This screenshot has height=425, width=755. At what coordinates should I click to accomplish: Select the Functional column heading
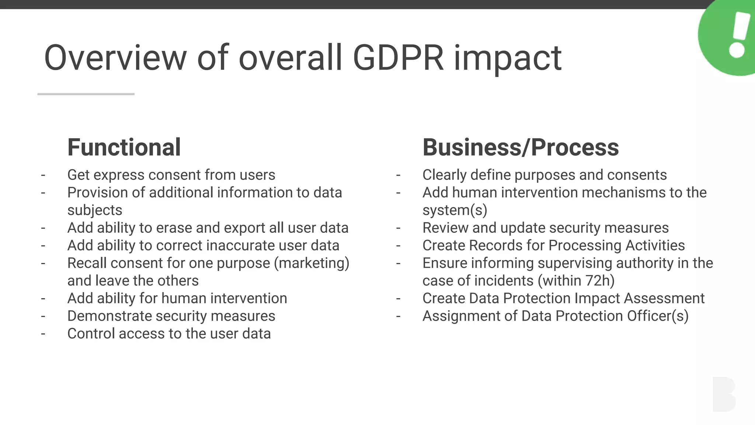pyautogui.click(x=124, y=147)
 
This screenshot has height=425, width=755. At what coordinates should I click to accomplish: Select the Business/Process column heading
pyautogui.click(x=520, y=147)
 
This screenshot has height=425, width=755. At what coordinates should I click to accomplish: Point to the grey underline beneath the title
pyautogui.click(x=86, y=94)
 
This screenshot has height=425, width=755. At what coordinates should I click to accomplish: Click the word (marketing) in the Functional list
pyautogui.click(x=312, y=263)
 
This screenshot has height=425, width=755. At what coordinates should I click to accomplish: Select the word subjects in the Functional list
pyautogui.click(x=95, y=210)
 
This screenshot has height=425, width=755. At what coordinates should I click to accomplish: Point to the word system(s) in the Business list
pyautogui.click(x=455, y=210)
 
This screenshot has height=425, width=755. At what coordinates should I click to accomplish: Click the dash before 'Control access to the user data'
pyautogui.click(x=43, y=334)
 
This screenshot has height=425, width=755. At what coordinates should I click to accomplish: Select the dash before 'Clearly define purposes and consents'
pyautogui.click(x=398, y=175)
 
